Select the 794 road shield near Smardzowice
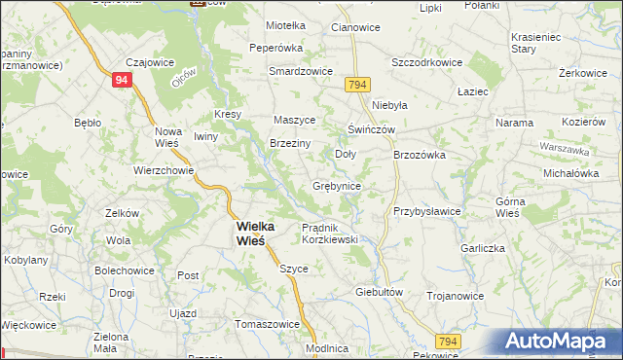[x=355, y=86]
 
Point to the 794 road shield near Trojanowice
[x=447, y=341]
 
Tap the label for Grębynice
[x=338, y=185]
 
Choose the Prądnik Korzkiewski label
[x=330, y=233]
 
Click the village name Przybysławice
[x=426, y=211]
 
